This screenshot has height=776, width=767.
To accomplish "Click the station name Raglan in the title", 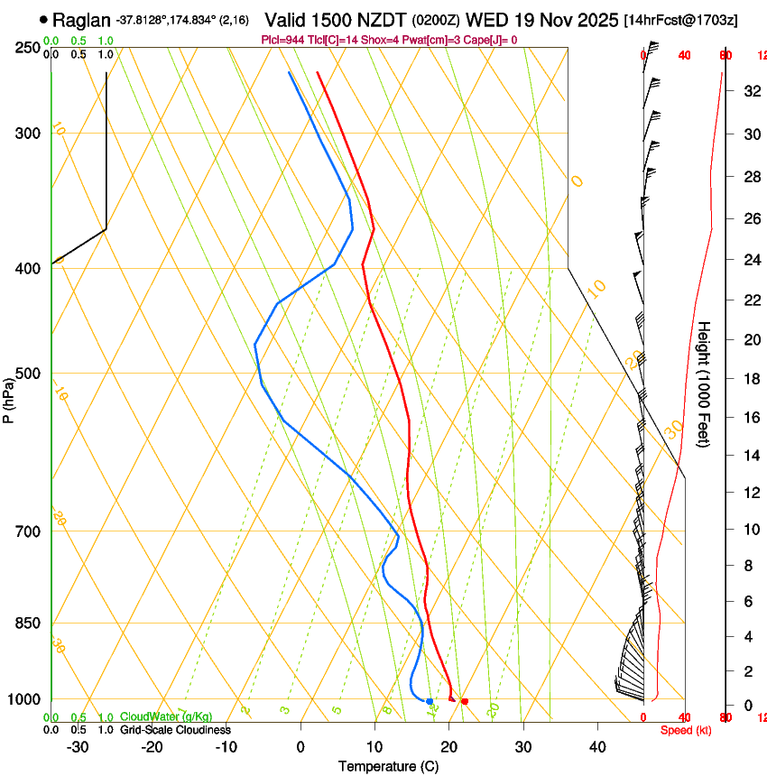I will (82, 20).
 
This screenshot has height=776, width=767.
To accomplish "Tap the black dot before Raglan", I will (43, 20).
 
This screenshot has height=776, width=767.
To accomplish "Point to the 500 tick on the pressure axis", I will (27, 374).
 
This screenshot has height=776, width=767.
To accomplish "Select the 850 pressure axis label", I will (27, 624).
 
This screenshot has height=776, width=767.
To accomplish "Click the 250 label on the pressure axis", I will (27, 48).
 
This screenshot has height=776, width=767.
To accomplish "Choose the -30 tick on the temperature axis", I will (78, 746).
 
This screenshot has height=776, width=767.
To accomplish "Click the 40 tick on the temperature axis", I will (597, 746).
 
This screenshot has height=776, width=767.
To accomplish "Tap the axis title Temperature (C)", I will (388, 766).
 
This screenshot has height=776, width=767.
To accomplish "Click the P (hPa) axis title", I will (8, 398).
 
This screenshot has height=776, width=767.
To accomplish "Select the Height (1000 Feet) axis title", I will (705, 383).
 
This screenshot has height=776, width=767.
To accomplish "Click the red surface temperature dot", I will (465, 701).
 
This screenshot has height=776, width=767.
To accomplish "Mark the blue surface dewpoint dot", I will (430, 701).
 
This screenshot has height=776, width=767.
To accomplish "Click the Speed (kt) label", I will (686, 730).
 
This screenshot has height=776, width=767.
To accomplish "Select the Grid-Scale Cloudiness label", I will (175, 730).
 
